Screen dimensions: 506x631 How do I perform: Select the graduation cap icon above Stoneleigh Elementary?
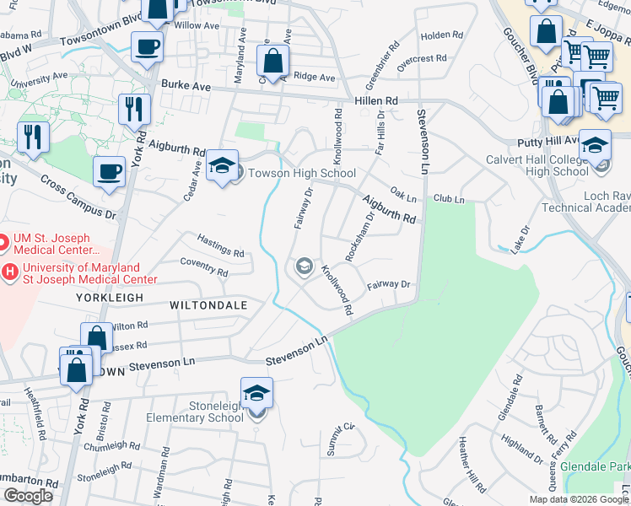pyautogui.click(x=257, y=392)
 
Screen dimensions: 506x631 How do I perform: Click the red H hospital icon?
pyautogui.click(x=10, y=272)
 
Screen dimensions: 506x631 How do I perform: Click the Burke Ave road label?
pyautogui.click(x=185, y=85)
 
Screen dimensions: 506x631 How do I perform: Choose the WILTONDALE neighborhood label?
pyautogui.click(x=208, y=304)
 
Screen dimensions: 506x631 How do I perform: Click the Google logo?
pyautogui.click(x=28, y=496)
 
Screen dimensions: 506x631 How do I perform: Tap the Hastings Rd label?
pyautogui.click(x=220, y=245)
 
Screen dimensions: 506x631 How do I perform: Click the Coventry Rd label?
pyautogui.click(x=204, y=268)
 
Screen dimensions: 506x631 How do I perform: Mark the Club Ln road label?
pyautogui.click(x=449, y=199)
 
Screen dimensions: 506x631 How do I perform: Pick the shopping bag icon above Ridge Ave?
pyautogui.click(x=272, y=60)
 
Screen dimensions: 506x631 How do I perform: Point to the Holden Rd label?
pyautogui.click(x=442, y=35)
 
